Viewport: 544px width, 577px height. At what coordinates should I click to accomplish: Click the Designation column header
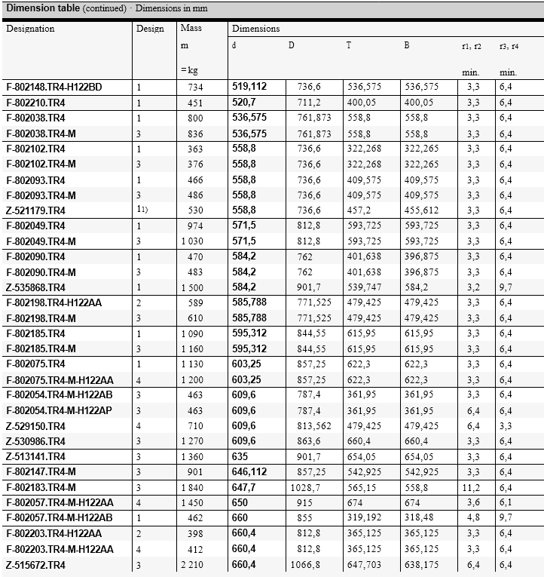pyautogui.click(x=31, y=29)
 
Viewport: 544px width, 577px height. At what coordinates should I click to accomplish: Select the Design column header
pyautogui.click(x=150, y=29)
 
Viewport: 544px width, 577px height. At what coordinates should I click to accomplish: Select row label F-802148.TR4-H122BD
pyautogui.click(x=53, y=87)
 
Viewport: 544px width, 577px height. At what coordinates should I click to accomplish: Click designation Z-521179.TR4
pyautogui.click(x=35, y=210)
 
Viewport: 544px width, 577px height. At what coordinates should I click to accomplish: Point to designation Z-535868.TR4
pyautogui.click(x=35, y=287)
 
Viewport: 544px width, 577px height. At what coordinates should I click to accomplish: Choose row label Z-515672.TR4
pyautogui.click(x=35, y=565)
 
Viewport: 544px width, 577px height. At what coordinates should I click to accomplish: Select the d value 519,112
pyautogui.click(x=249, y=87)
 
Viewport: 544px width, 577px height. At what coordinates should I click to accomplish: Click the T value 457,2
pyautogui.click(x=359, y=210)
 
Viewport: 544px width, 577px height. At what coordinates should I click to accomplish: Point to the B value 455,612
pyautogui.click(x=421, y=210)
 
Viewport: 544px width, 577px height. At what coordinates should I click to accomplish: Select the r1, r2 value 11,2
pyautogui.click(x=472, y=488)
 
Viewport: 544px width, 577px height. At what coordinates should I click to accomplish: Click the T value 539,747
pyautogui.click(x=363, y=287)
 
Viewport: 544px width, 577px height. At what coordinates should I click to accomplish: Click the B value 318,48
pyautogui.click(x=419, y=519)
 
